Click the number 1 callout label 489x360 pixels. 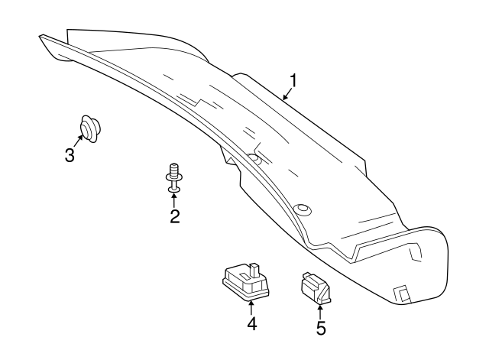pyautogui.click(x=293, y=79)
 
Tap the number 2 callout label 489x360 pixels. pyautogui.click(x=175, y=216)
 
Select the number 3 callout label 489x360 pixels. pyautogui.click(x=70, y=156)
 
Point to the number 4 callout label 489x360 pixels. pyautogui.click(x=251, y=323)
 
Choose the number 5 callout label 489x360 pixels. pyautogui.click(x=321, y=329)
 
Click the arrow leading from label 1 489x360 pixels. pyautogui.click(x=286, y=95)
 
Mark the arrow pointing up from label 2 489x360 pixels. pyautogui.click(x=175, y=199)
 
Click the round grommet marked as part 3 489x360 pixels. pyautogui.click(x=90, y=128)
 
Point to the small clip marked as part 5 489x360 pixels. pyautogui.click(x=316, y=288)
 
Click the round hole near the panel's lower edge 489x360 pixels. pyautogui.click(x=302, y=208)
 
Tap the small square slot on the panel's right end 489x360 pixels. pyautogui.click(x=400, y=292)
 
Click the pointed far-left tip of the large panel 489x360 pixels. pyautogui.click(x=39, y=36)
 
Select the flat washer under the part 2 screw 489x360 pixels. pyautogui.click(x=174, y=186)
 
